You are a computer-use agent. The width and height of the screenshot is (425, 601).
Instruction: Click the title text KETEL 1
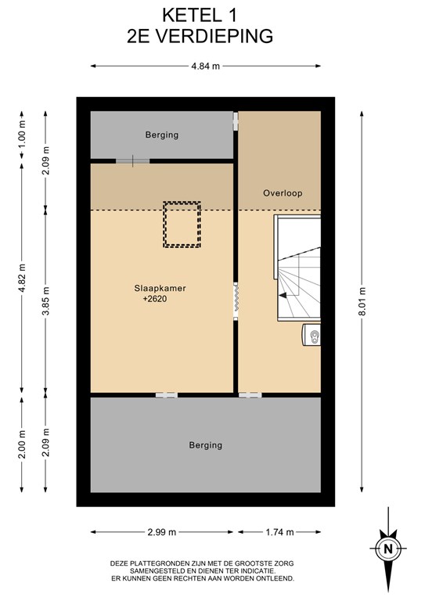point(200,16)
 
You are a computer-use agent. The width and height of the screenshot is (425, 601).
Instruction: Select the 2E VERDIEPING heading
point(200,37)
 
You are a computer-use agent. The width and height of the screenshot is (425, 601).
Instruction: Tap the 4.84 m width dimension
point(205,66)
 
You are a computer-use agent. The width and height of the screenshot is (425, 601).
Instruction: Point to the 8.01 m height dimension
point(362,301)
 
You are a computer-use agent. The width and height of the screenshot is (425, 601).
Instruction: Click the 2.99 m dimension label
point(162,532)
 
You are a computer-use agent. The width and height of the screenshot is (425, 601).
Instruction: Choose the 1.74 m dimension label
point(279,532)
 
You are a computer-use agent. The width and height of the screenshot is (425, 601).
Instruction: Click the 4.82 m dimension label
point(22,278)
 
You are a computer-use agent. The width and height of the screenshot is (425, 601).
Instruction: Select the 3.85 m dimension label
point(46,301)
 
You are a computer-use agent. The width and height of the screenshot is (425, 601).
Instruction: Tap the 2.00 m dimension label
point(22,444)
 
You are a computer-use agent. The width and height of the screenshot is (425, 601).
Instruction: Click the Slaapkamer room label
point(160,288)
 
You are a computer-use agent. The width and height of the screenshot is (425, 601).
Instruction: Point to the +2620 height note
point(155,299)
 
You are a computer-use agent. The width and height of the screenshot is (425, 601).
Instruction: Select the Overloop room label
point(283,193)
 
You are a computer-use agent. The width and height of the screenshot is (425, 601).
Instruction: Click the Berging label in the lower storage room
point(205,445)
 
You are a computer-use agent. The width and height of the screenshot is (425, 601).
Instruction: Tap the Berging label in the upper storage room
point(162,135)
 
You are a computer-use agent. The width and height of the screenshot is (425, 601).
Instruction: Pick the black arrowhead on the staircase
point(283,296)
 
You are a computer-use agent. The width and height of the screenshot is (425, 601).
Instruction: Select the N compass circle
point(388,549)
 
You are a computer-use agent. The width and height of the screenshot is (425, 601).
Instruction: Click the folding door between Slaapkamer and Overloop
point(236,300)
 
